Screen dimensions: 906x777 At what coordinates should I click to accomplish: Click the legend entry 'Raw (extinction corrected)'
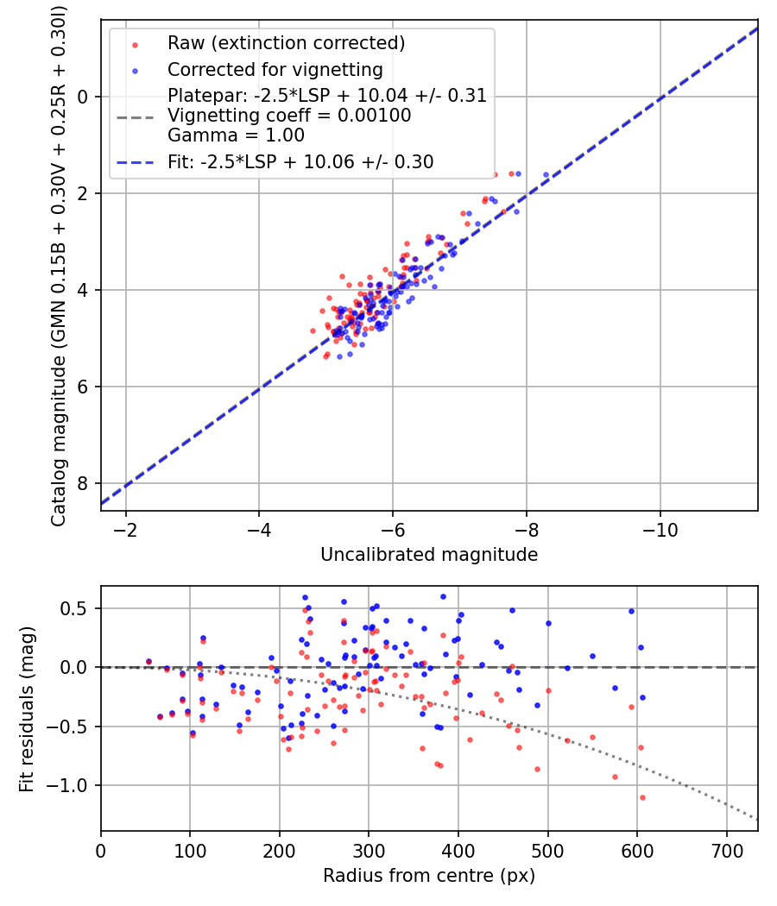pos(286,43)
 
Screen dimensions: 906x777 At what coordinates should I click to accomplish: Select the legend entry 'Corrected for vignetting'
pos(275,69)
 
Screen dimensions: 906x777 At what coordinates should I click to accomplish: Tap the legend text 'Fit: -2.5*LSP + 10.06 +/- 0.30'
pos(300,161)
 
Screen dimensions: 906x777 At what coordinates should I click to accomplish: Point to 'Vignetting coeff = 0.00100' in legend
pos(289,116)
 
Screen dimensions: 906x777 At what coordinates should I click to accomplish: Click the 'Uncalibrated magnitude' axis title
pos(429,555)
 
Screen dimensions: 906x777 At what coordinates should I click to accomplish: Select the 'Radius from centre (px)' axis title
pos(429,876)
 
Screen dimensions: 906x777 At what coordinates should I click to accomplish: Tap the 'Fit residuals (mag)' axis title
pos(27,708)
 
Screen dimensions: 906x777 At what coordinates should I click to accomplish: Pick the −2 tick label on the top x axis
pos(126,527)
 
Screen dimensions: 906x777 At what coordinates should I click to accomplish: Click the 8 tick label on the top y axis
pos(85,483)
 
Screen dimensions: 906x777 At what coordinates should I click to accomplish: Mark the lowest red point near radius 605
pos(642,797)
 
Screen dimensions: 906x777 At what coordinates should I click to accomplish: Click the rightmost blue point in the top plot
pos(546,174)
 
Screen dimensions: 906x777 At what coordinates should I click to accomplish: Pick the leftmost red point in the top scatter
pos(313,330)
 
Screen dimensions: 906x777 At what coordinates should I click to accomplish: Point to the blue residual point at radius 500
pos(548,623)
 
